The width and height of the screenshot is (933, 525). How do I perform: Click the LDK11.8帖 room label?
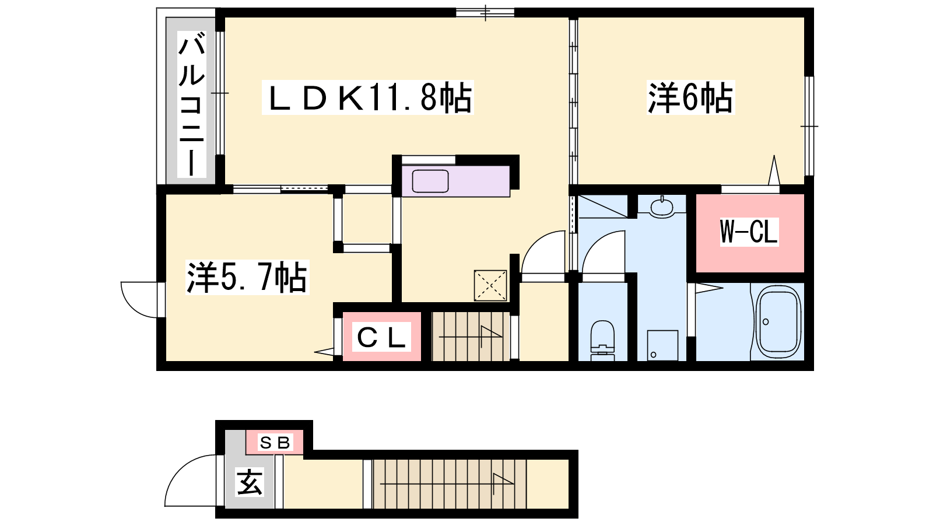pyautogui.click(x=368, y=97)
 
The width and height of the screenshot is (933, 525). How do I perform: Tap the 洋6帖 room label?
pyautogui.click(x=690, y=98)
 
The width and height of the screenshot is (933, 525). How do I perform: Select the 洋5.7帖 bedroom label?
pyautogui.click(x=247, y=277)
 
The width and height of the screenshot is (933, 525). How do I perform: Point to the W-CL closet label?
pyautogui.click(x=749, y=232)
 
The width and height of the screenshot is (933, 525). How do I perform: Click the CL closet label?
pyautogui.click(x=381, y=337)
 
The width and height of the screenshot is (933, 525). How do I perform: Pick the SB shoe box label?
pyautogui.click(x=274, y=442)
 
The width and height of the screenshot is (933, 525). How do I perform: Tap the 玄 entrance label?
pyautogui.click(x=250, y=482)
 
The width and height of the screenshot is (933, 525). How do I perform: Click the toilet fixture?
pyautogui.click(x=602, y=340)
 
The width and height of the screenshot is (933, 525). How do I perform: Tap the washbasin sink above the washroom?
pyautogui.click(x=661, y=207)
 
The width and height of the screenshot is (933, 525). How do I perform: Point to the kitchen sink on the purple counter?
pyautogui.click(x=430, y=181)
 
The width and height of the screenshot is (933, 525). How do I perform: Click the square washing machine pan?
pyautogui.click(x=662, y=345)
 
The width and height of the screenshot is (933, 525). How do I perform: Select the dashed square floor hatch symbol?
pyautogui.click(x=490, y=285)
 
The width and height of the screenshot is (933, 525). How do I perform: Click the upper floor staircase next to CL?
pyautogui.click(x=471, y=336)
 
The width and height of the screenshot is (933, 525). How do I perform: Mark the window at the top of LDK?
pyautogui.click(x=485, y=12)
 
